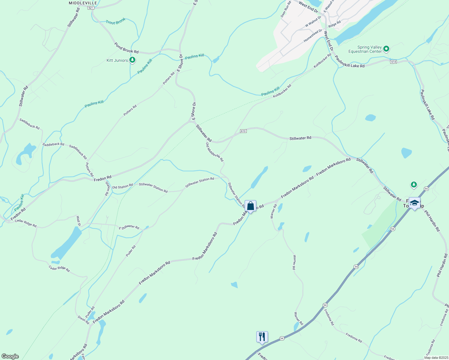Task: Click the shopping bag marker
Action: point(250,206)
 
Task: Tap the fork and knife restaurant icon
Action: point(262,337)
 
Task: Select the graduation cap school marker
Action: point(414,203)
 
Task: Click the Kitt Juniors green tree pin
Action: point(132,60)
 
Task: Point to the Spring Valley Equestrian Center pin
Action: point(387,49)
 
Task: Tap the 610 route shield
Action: point(243,131)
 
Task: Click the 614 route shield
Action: point(393,62)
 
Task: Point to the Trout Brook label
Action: point(116,21)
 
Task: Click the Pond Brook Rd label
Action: point(126,48)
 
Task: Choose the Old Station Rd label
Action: point(122,186)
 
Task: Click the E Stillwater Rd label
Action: point(129,227)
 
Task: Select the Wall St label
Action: point(79,221)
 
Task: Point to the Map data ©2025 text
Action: point(436,358)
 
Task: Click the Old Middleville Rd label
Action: point(215,152)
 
